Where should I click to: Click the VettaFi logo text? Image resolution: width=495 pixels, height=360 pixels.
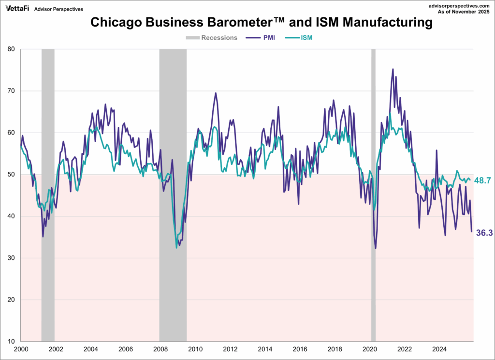[17, 9]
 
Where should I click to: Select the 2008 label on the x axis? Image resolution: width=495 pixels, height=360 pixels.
[160, 349]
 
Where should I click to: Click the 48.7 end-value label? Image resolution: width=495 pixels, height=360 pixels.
[483, 180]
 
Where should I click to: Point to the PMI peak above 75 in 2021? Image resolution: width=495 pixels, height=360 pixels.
[393, 69]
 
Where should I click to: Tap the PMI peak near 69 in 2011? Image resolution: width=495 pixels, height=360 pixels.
[216, 93]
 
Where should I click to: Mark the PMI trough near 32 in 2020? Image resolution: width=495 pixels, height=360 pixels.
[376, 248]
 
